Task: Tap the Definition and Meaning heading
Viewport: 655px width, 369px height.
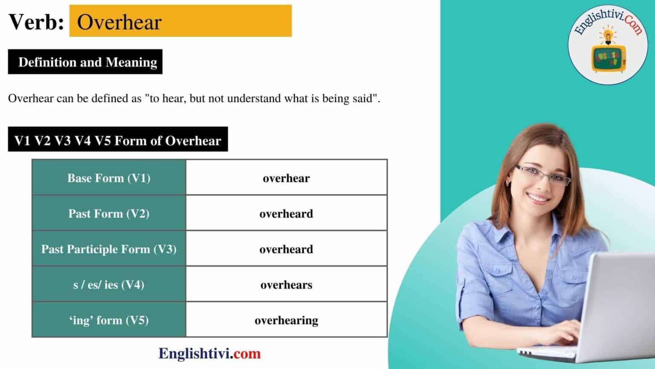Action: coord(87,62)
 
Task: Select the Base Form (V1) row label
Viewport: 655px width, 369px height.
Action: coord(109,178)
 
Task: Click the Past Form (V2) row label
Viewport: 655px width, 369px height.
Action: coord(109,214)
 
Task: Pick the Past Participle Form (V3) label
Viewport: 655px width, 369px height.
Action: coord(109,249)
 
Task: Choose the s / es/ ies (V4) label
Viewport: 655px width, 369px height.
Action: coord(109,284)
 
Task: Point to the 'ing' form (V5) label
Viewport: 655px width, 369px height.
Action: coord(109,320)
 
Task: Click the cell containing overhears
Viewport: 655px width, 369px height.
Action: coord(286,284)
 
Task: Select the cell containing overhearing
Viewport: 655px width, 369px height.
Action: coord(286,320)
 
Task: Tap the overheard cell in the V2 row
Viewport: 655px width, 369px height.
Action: coord(286,214)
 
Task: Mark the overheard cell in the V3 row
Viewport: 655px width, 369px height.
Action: coord(286,249)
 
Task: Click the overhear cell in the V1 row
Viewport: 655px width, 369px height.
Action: coord(286,178)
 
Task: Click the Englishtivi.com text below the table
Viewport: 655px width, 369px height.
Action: coord(209,353)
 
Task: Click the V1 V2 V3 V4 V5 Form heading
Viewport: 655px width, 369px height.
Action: coord(118,141)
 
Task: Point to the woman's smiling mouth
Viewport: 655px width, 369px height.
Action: coord(538,198)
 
